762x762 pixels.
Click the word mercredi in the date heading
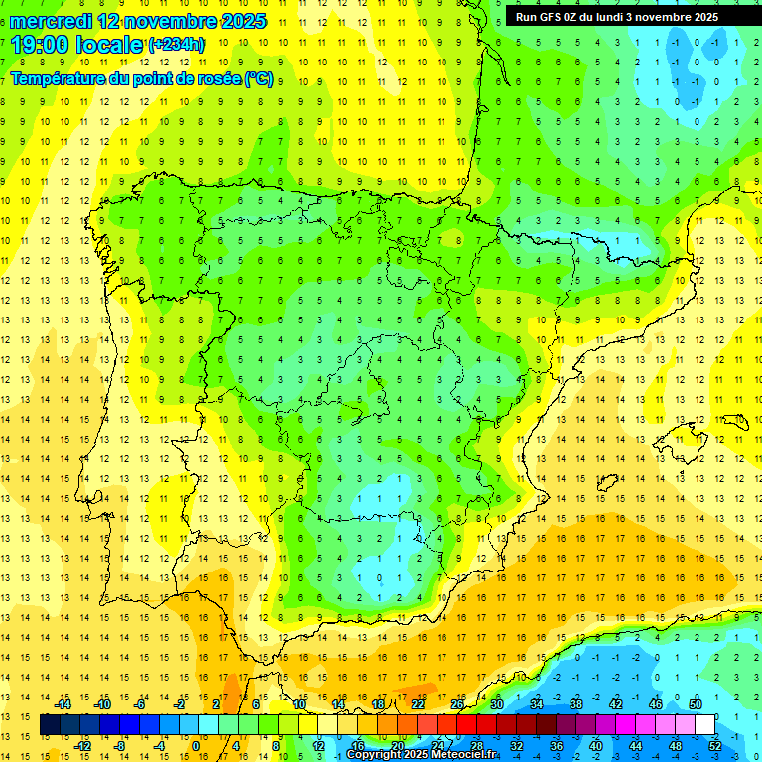click(x=47, y=21)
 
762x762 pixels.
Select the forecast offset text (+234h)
click(x=177, y=45)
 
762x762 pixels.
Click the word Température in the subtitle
click(x=59, y=78)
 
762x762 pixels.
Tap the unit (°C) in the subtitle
click(x=258, y=78)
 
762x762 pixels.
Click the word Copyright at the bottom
click(x=374, y=755)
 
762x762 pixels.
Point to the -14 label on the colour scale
click(x=63, y=703)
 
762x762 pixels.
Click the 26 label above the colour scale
click(x=457, y=703)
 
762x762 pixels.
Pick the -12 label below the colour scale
click(x=82, y=746)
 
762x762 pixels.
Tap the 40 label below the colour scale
click(x=595, y=746)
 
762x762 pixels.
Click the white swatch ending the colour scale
click(x=704, y=725)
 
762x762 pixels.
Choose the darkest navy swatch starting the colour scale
click(x=50, y=725)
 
